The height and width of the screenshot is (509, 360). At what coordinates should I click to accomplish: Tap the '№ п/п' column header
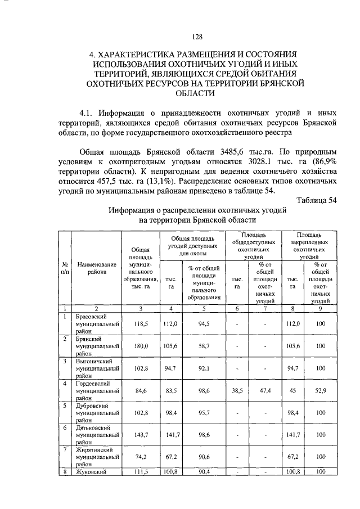click(x=65, y=268)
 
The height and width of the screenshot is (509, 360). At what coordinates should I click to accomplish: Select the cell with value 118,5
click(x=139, y=324)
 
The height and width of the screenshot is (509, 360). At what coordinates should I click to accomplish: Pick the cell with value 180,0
click(x=139, y=346)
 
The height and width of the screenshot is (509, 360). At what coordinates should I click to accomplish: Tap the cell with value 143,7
click(x=139, y=435)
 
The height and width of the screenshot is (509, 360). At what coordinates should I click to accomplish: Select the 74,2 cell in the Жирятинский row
click(x=139, y=457)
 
